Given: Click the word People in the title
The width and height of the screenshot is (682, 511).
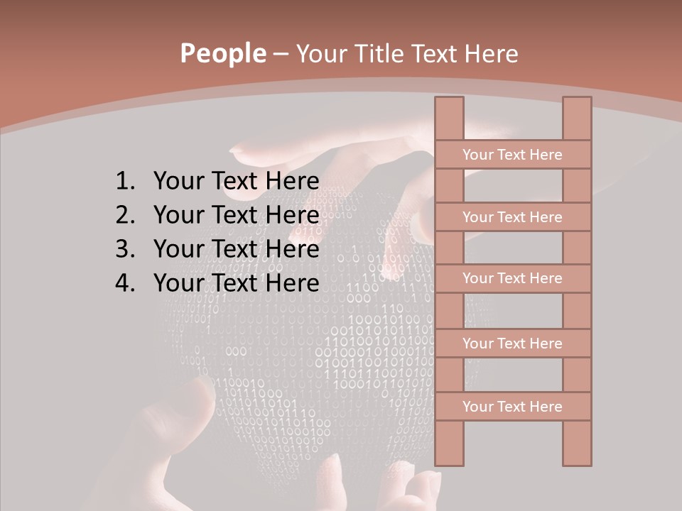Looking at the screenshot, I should [222, 54].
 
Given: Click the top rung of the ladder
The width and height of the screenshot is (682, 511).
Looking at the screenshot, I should [512, 155].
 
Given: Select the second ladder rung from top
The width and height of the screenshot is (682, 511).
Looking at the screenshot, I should [512, 217].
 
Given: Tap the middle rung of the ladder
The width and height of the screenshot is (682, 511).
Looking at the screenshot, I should [512, 278].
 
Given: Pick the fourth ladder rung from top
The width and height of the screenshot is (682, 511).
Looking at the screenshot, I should [512, 344].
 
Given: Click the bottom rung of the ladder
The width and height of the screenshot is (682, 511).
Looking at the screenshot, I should [512, 407].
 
